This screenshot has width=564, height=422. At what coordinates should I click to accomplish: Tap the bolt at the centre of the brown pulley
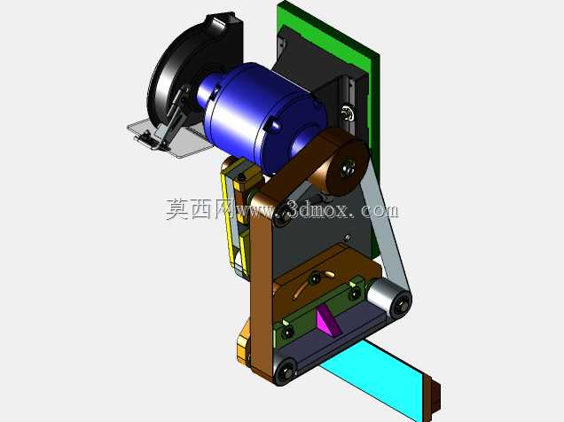click(348, 167)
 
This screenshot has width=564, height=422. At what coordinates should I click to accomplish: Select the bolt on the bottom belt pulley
click(286, 372)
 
